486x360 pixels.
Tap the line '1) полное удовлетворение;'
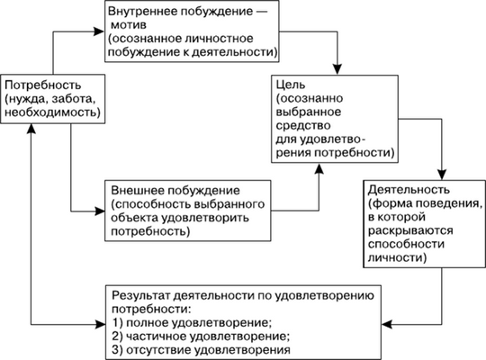190,321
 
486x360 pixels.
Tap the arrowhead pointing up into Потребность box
32,126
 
